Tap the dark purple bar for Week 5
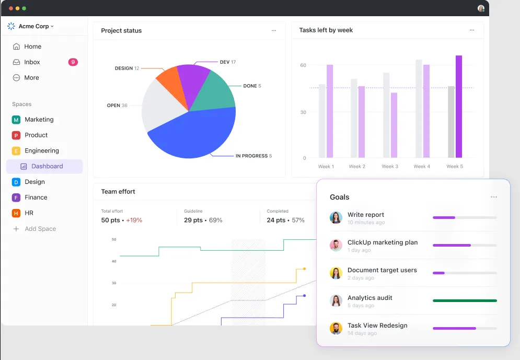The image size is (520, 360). pos(459,107)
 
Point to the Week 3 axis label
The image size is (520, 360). pos(390,166)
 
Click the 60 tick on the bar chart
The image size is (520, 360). pos(303,65)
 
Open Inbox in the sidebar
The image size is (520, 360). pos(32,62)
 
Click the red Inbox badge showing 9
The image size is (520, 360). pos(73,62)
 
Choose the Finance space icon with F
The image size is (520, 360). pos(16,198)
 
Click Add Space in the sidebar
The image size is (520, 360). pos(40,229)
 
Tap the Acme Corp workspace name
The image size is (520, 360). pos(33,26)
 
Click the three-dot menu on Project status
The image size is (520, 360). pos(274,30)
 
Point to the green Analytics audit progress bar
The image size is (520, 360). pos(465,300)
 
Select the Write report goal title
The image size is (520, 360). pos(365,214)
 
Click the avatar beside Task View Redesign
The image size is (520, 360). pos(336,328)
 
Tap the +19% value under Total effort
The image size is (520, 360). pos(134,220)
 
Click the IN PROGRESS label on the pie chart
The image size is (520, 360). pos(251,156)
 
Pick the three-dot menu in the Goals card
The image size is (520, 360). pos(493,197)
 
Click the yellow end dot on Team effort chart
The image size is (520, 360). pos(305,269)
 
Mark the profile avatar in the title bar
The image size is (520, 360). pos(481,8)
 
